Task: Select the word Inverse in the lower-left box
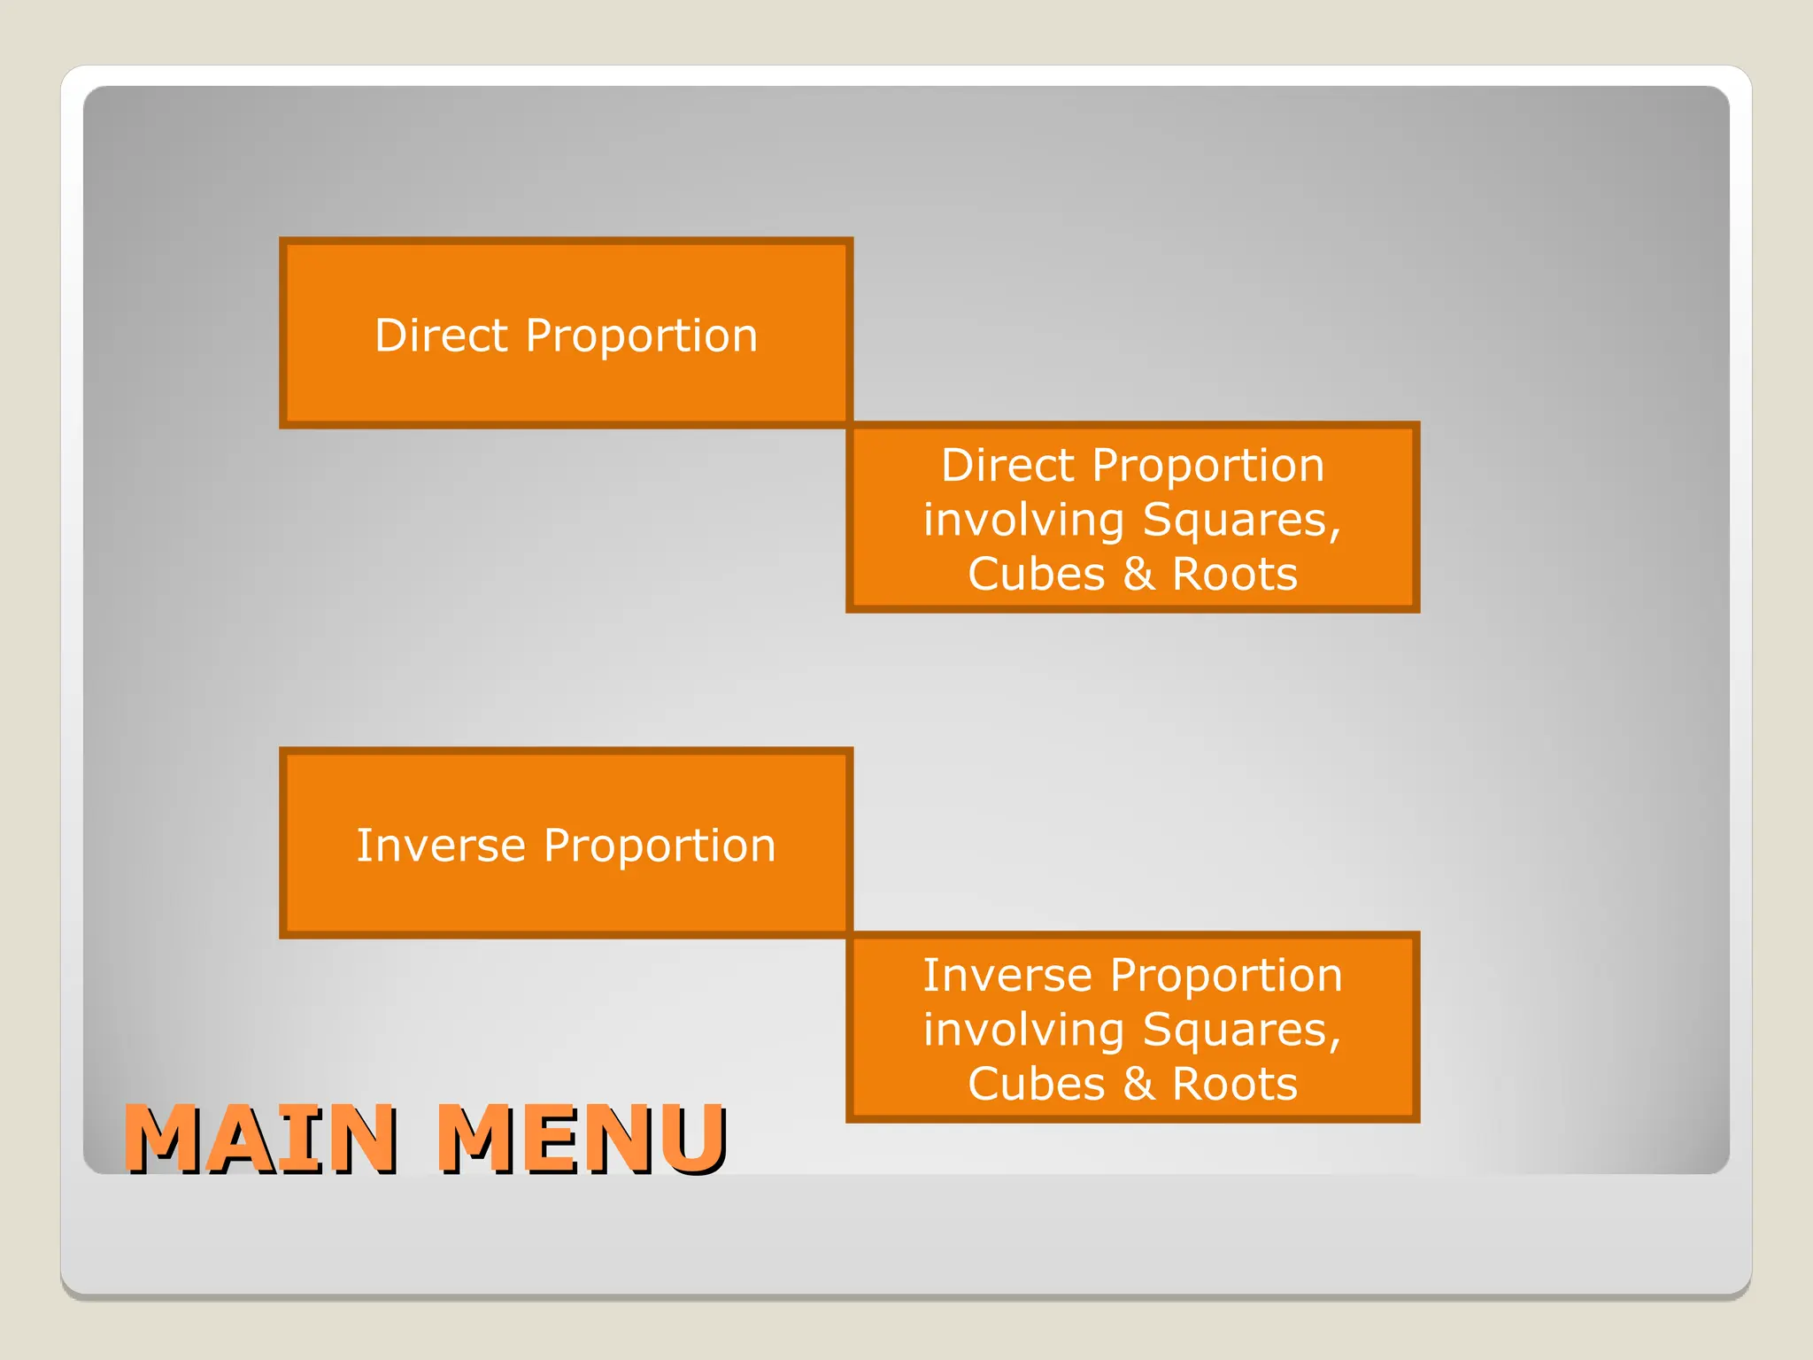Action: (x=440, y=846)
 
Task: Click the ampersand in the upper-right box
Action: (x=1138, y=574)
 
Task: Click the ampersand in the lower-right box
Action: (x=1138, y=1084)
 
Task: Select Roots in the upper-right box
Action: (x=1235, y=574)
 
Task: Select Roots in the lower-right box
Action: (x=1235, y=1084)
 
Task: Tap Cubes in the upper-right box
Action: (x=1037, y=574)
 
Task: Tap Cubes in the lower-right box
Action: (x=1037, y=1084)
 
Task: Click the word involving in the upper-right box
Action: (x=1023, y=520)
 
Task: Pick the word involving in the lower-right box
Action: (x=1023, y=1030)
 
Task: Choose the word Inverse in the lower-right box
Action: (x=1007, y=976)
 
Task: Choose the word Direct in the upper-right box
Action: (x=1007, y=466)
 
